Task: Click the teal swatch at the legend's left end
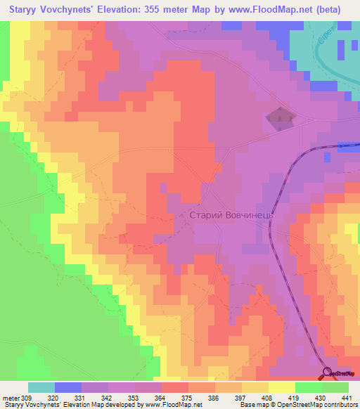point(41,387)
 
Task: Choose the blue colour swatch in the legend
point(68,387)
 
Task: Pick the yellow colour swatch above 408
point(281,387)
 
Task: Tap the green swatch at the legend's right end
point(335,387)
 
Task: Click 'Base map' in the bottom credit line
point(251,405)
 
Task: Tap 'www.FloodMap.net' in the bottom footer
point(168,405)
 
